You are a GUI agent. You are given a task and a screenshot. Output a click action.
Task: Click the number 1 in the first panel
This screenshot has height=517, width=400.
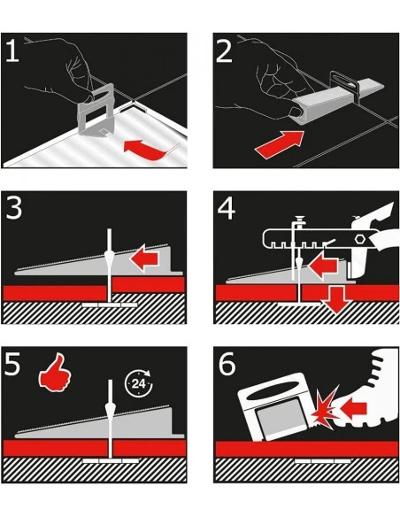[x=12, y=50]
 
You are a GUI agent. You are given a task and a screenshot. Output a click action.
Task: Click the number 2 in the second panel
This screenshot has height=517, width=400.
[x=224, y=50]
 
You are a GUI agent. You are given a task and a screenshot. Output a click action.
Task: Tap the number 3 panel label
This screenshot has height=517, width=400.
[x=14, y=208]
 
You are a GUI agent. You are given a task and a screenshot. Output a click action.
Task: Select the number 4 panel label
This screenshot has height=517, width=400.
[x=227, y=208]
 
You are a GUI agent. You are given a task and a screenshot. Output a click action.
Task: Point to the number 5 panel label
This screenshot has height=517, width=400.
[x=12, y=364]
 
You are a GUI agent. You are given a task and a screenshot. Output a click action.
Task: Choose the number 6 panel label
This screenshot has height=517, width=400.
[x=227, y=364]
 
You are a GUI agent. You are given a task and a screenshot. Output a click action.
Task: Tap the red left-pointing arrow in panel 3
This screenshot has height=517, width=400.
[x=144, y=258]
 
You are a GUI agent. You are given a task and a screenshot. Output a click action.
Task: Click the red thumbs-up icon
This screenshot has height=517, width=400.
[x=55, y=373]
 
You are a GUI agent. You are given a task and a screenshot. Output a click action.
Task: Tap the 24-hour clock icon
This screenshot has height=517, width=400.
[x=138, y=383]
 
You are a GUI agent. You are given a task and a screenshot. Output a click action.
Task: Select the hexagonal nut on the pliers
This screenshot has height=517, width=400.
[x=358, y=239]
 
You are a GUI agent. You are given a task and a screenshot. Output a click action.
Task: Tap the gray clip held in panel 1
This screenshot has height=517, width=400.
[x=96, y=109]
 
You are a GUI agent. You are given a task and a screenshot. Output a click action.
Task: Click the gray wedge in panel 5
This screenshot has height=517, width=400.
[x=99, y=422]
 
